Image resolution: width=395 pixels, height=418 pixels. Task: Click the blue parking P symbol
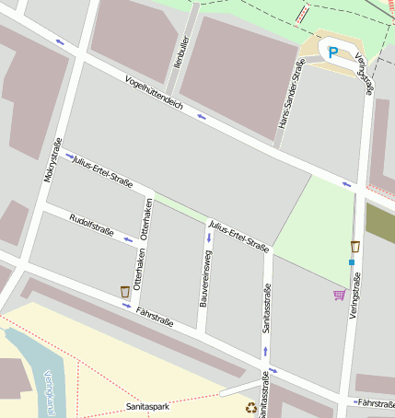point(334,52)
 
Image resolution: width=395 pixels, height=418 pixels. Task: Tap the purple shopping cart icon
point(340,295)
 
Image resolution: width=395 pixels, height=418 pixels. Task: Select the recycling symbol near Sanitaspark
point(250,408)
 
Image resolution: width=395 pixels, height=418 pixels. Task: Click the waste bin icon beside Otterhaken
point(125,292)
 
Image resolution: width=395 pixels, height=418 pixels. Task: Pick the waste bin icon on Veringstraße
point(354,247)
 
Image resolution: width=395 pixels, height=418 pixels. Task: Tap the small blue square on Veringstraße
point(352,263)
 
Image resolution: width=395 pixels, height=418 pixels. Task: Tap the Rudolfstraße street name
point(90,226)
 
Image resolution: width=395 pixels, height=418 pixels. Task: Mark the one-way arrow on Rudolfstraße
point(128,240)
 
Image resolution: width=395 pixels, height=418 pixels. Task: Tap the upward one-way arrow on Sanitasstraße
point(265,352)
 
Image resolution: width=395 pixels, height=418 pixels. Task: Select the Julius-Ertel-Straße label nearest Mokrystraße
point(109,170)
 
